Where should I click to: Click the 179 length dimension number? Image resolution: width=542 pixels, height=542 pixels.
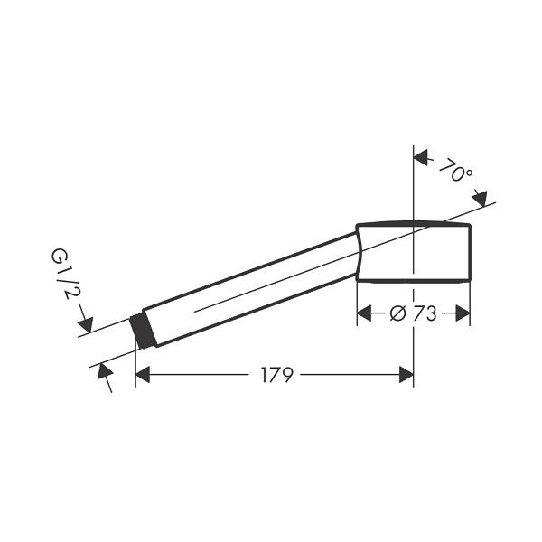(277, 375)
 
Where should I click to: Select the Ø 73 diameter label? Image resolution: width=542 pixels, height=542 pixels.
(413, 313)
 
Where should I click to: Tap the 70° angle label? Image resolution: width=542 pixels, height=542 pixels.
(456, 171)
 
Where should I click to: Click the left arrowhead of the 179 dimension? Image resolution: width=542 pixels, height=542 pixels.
(143, 375)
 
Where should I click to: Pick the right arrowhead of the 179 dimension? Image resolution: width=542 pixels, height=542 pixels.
(406, 375)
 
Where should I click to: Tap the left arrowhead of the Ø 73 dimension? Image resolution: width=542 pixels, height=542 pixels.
(364, 313)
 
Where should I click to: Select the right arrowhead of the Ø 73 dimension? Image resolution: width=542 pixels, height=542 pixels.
(463, 313)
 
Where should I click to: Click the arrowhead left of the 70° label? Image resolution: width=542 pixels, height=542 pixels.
(421, 157)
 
